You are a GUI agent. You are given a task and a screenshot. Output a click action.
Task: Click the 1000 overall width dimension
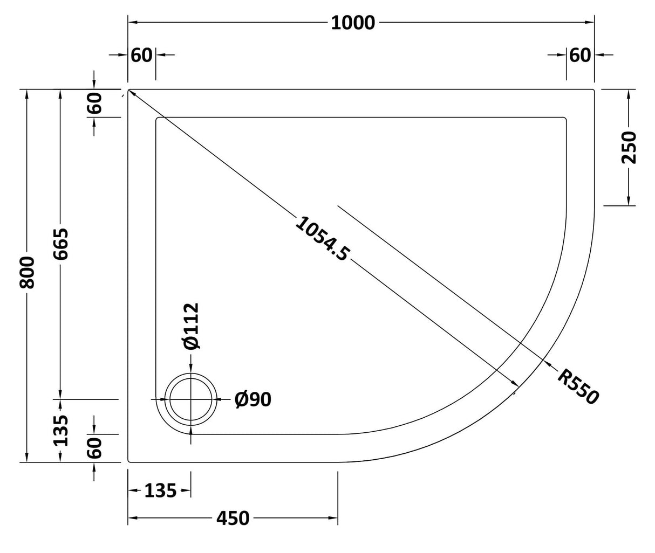click(352, 23)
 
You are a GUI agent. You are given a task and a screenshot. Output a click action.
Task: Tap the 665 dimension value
click(62, 244)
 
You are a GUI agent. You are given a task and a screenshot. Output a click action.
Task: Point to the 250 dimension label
click(629, 147)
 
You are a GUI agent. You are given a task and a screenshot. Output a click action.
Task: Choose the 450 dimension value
click(233, 519)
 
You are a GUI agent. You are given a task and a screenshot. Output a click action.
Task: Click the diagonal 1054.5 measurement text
click(323, 238)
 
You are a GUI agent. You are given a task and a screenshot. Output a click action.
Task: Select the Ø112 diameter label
click(190, 326)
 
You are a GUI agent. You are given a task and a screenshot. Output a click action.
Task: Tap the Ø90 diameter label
click(253, 399)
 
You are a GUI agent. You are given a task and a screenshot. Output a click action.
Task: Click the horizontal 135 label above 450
click(160, 490)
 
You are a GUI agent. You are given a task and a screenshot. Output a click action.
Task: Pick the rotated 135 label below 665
click(62, 430)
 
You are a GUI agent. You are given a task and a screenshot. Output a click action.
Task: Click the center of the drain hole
click(191, 399)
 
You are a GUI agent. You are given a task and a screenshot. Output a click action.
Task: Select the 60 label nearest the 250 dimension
click(580, 55)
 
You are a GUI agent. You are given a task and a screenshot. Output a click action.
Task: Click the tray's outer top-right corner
click(593, 90)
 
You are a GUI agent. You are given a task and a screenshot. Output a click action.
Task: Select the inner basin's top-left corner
click(157, 118)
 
